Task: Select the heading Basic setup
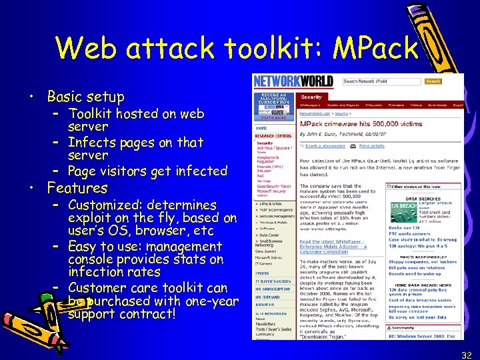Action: coord(85,96)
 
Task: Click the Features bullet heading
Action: coord(77,188)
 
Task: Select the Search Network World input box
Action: coord(382,81)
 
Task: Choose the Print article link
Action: coord(371,145)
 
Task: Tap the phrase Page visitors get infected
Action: coord(147,171)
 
